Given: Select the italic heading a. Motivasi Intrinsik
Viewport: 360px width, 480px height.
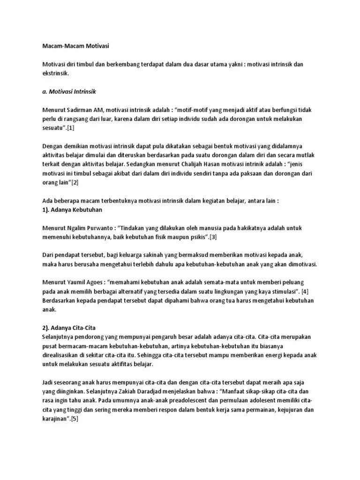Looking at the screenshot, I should pos(69,91).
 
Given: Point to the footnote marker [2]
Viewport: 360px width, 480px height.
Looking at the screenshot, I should pos(74,182).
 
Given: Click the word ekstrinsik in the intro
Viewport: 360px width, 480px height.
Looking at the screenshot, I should pos(55,74).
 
